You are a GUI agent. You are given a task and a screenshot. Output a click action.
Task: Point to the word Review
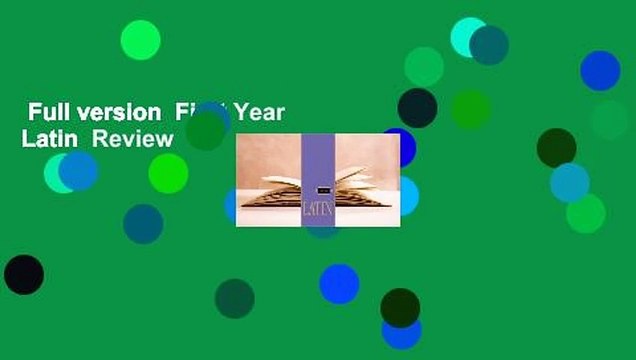[x=132, y=139]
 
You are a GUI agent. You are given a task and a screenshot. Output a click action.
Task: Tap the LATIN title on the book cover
[x=317, y=211]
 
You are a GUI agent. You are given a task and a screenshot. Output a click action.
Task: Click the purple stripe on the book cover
[x=318, y=160]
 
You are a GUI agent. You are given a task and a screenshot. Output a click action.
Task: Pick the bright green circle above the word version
[x=140, y=40]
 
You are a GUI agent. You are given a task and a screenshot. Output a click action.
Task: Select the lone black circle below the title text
[x=24, y=274]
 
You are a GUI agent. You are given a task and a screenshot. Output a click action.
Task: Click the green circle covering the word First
[x=205, y=130]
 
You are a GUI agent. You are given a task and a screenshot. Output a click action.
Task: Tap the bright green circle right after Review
[x=168, y=173]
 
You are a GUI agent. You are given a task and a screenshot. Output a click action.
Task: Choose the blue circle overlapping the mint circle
[x=79, y=170]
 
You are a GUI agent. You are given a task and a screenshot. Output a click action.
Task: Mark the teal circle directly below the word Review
[x=143, y=223]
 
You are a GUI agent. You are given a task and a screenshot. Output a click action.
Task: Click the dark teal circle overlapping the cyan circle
[x=488, y=45]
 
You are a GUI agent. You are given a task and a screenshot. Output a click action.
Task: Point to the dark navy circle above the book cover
[x=417, y=107]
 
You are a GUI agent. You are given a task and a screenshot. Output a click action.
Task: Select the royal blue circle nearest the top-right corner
[x=600, y=70]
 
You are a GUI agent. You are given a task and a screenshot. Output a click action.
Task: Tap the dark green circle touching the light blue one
[x=556, y=148]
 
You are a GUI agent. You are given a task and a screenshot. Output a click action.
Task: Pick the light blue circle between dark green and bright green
[x=569, y=182]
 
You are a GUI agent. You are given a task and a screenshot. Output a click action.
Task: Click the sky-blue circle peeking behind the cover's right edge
[x=406, y=196]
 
